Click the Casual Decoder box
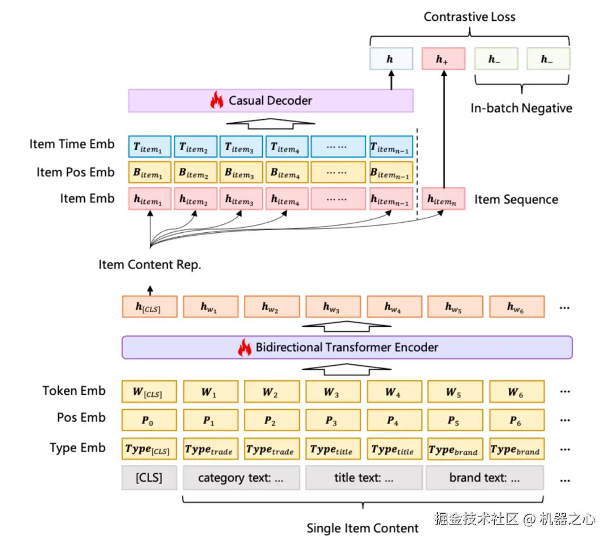pos(271,101)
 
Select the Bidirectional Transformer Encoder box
pos(347,347)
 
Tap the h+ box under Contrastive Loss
pos(443,59)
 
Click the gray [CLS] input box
pos(149,478)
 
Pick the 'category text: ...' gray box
pos(241,478)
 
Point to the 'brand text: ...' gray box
pos(484,478)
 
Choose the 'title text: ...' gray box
pos(363,478)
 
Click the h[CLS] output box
pos(149,307)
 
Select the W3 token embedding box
pos(332,392)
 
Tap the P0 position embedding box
pos(149,420)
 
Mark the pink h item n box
pos(443,199)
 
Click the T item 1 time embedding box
pos(149,146)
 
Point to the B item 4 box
pos(286,172)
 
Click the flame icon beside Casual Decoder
pos(216,101)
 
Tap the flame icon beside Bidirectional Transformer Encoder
pos(244,347)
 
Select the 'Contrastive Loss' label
pos(469,16)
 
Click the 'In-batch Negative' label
pos(521,108)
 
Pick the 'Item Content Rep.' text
pos(150,265)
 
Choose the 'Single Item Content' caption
pos(363,528)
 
